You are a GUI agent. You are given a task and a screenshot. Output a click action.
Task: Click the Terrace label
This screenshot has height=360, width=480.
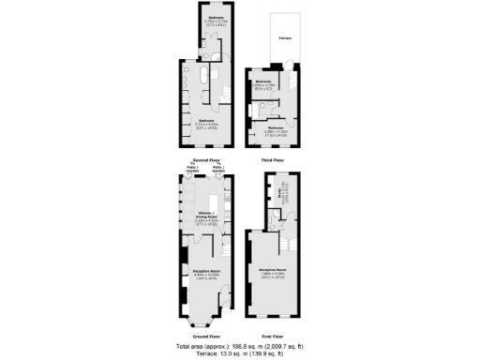285,37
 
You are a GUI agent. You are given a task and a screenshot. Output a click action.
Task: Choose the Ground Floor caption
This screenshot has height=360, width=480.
205,335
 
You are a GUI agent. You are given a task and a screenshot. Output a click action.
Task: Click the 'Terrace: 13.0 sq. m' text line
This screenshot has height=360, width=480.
240,353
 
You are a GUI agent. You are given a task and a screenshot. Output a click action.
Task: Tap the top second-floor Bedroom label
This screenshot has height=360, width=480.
216,20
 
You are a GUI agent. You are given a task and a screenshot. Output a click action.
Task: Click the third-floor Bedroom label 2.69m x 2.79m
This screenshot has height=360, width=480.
263,83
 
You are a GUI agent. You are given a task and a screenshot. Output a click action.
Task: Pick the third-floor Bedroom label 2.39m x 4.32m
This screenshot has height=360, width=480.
276,129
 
